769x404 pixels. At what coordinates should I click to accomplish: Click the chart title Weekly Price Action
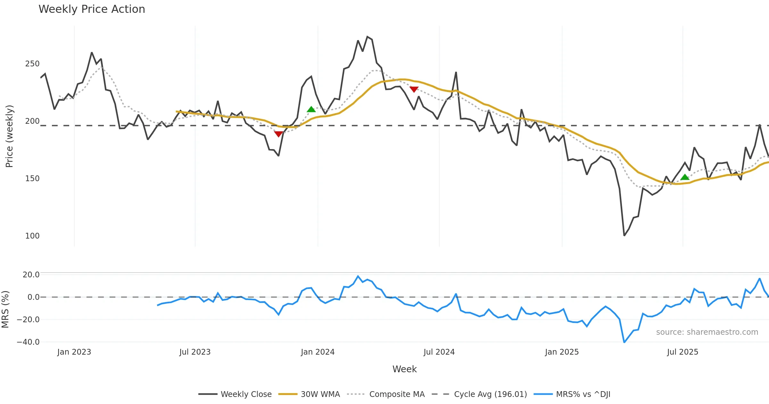(x=92, y=9)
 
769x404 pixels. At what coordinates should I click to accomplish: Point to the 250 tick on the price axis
(x=32, y=64)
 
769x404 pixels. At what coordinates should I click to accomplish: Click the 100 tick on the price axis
(x=32, y=236)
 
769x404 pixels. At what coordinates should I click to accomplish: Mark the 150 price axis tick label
(x=32, y=179)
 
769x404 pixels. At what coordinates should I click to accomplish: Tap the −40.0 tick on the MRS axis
(x=28, y=342)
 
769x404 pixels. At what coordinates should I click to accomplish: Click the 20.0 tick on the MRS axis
(x=31, y=275)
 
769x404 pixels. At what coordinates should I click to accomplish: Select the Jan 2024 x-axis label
(x=318, y=352)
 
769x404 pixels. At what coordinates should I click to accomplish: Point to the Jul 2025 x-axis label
(x=682, y=352)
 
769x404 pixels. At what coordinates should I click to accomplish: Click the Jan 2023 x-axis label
(x=74, y=352)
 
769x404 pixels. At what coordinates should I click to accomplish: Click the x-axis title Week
(x=404, y=369)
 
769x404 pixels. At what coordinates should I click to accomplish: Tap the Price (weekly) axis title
(x=10, y=136)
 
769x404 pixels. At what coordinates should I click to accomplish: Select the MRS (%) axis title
(x=5, y=309)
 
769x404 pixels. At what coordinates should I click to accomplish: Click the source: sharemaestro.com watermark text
(x=707, y=332)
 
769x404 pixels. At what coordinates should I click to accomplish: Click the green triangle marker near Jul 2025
(x=685, y=177)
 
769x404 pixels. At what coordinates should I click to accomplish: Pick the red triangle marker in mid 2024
(x=414, y=89)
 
